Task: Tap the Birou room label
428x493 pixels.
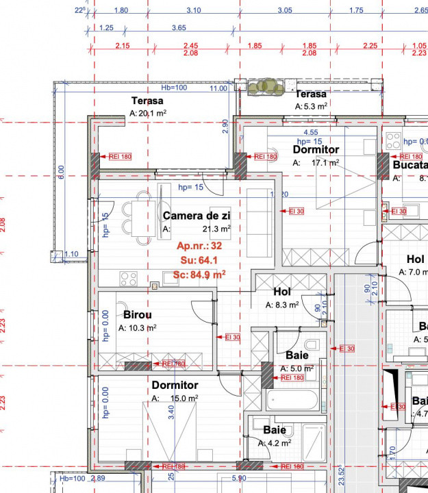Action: (137, 315)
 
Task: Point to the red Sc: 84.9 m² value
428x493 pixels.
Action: (199, 274)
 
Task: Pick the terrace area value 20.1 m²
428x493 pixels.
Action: (149, 114)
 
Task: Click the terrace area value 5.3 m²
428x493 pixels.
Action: (311, 106)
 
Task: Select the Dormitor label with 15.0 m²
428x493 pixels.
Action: (175, 385)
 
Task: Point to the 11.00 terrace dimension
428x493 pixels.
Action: (218, 88)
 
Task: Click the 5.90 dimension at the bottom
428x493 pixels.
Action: (239, 478)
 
